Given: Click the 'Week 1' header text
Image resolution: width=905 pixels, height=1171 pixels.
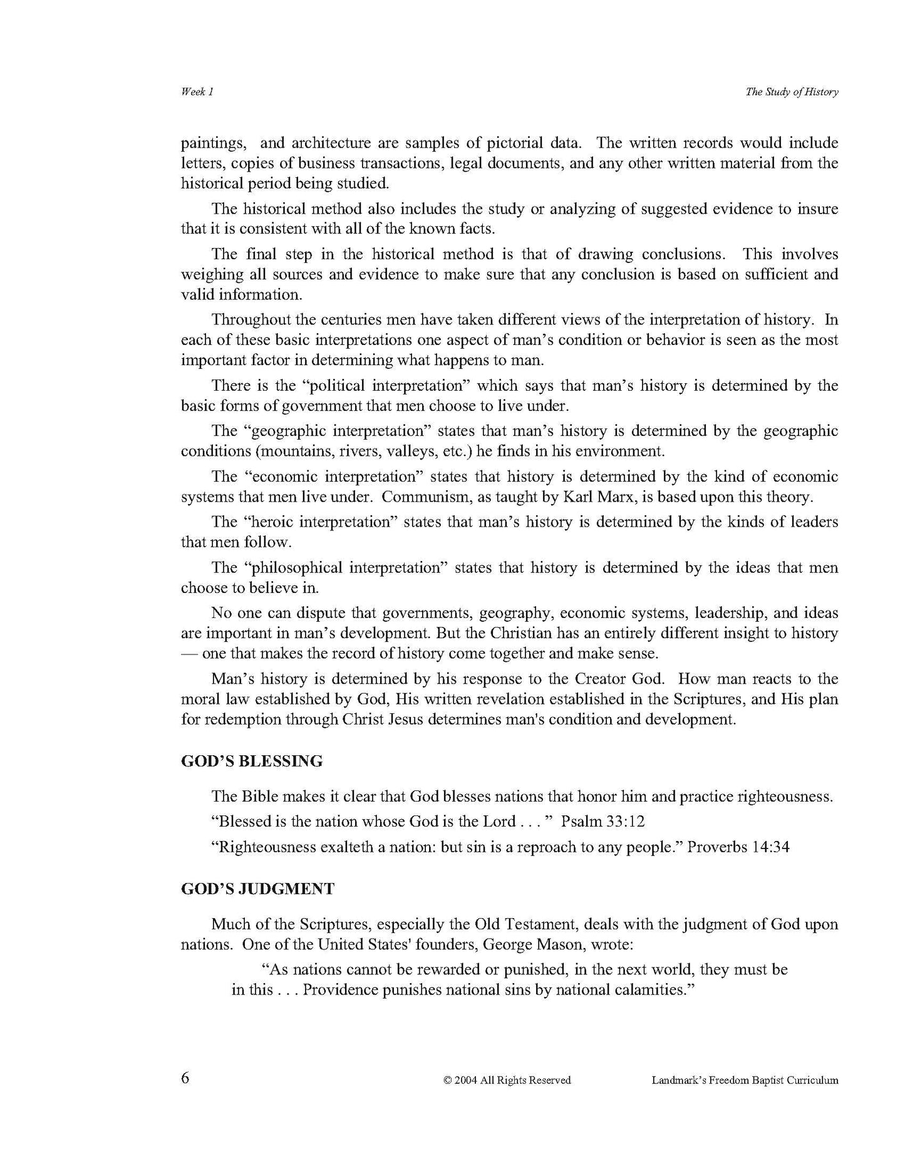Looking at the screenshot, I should [197, 92].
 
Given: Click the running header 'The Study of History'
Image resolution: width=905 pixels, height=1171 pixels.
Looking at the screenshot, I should [792, 92].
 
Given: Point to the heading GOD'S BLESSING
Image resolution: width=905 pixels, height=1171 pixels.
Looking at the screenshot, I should [252, 761].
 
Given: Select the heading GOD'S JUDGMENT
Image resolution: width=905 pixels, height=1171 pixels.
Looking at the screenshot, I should [257, 889].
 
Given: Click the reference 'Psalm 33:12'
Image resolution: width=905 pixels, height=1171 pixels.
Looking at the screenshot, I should [602, 821].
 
